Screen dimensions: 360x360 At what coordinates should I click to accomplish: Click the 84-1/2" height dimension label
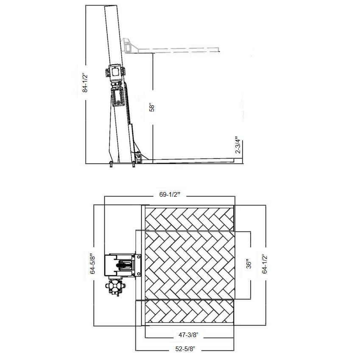coord(85,83)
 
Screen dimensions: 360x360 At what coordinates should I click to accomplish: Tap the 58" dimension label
coord(152,108)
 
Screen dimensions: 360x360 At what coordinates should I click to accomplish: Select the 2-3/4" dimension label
coord(238,145)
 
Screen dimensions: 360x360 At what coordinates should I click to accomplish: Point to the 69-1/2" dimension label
coord(170,195)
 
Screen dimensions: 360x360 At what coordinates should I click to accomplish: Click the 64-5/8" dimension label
coord(92,264)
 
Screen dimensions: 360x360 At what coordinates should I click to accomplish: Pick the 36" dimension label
coord(248,264)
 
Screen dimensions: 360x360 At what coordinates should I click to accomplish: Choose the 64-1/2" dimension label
coord(265,264)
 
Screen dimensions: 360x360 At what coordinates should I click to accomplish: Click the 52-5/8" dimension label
coord(185,349)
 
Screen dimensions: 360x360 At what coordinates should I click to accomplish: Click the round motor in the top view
coord(115,287)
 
